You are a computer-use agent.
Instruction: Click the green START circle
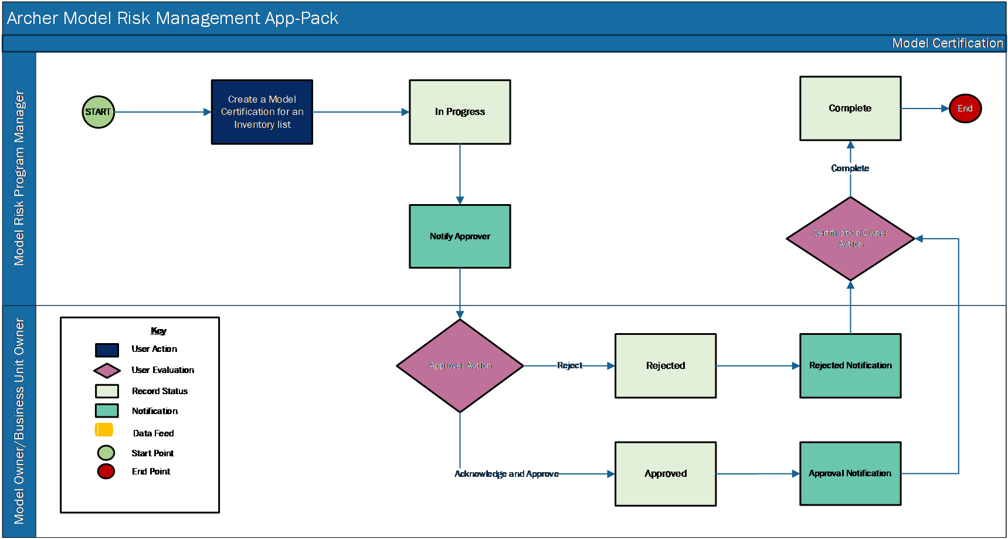point(99,112)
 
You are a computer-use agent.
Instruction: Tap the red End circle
point(965,109)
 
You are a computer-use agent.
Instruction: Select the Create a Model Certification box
point(262,112)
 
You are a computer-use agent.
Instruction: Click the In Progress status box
point(460,112)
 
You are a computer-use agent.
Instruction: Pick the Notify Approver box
point(460,236)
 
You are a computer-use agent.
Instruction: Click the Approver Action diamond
point(460,365)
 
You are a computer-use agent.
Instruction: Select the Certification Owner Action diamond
point(850,239)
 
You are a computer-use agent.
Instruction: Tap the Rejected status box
point(666,366)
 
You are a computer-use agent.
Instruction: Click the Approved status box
point(666,474)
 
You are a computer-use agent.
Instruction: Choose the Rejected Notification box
point(850,366)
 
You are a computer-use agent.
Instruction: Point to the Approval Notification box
point(850,473)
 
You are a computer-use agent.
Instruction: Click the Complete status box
point(850,109)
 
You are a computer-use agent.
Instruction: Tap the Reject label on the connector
point(569,365)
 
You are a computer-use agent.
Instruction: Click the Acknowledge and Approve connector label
point(507,474)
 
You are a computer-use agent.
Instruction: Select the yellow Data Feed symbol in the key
point(104,430)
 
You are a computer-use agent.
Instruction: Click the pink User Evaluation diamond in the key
point(107,371)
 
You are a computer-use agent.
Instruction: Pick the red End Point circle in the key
point(106,472)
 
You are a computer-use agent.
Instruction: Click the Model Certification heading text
point(948,43)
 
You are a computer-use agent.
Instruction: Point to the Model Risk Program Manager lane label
point(19,178)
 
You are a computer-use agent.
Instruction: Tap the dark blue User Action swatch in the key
point(107,350)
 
